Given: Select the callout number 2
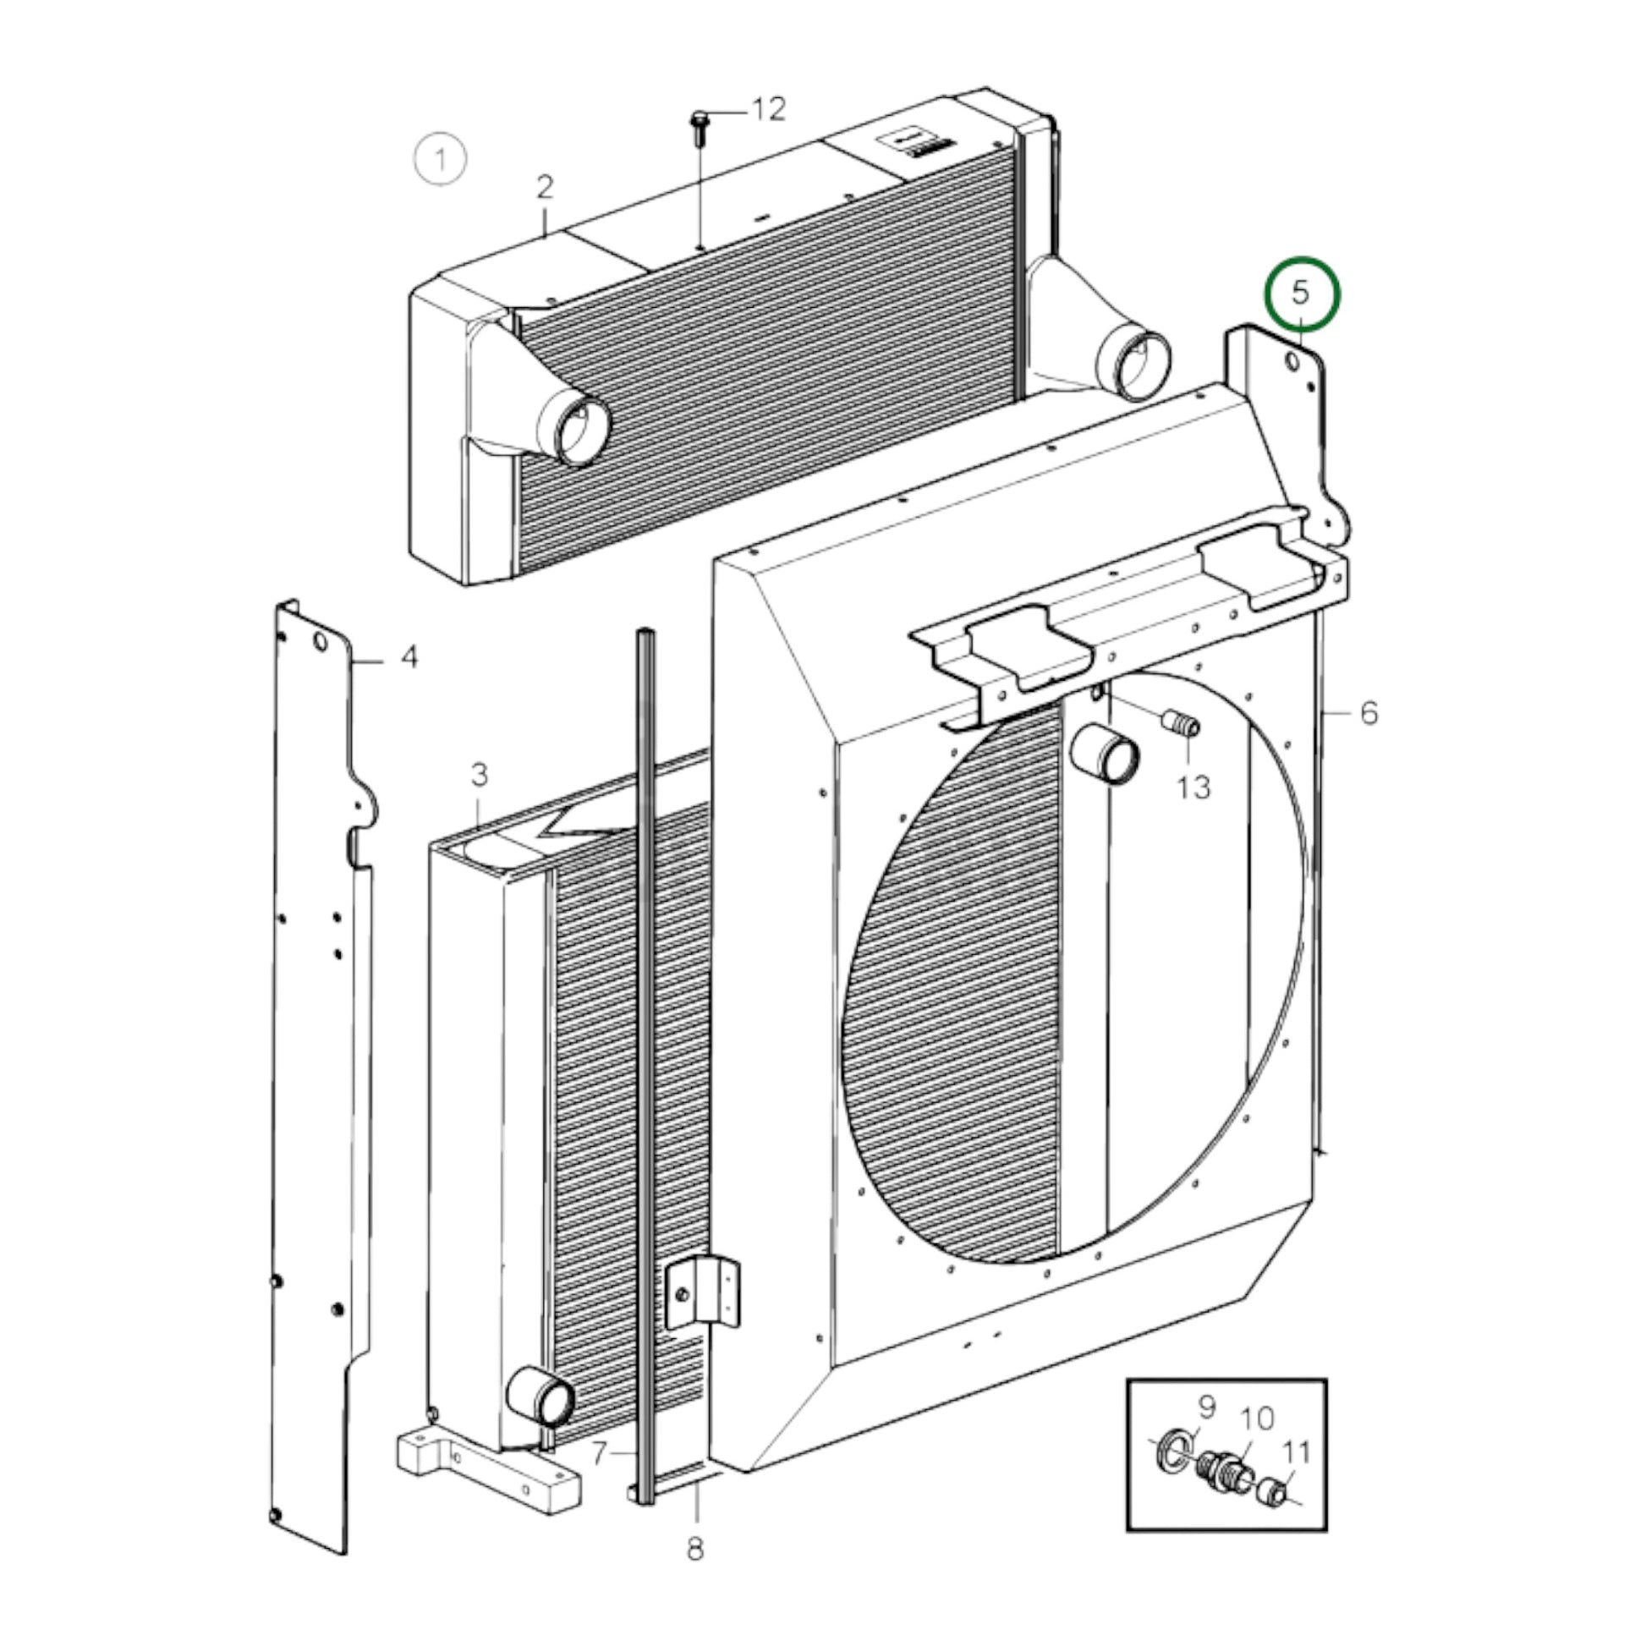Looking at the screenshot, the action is tap(546, 188).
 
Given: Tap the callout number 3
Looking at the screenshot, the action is tap(480, 776).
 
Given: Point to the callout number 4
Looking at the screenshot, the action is tap(409, 657).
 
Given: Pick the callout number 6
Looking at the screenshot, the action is tap(1369, 712).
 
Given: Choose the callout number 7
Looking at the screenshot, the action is tap(600, 1451).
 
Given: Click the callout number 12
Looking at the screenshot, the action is tap(768, 109).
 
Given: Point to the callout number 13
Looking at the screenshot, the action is tap(1193, 787).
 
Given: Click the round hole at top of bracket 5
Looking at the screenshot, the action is tap(1292, 362).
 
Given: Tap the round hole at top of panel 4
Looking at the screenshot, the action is tap(320, 641).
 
